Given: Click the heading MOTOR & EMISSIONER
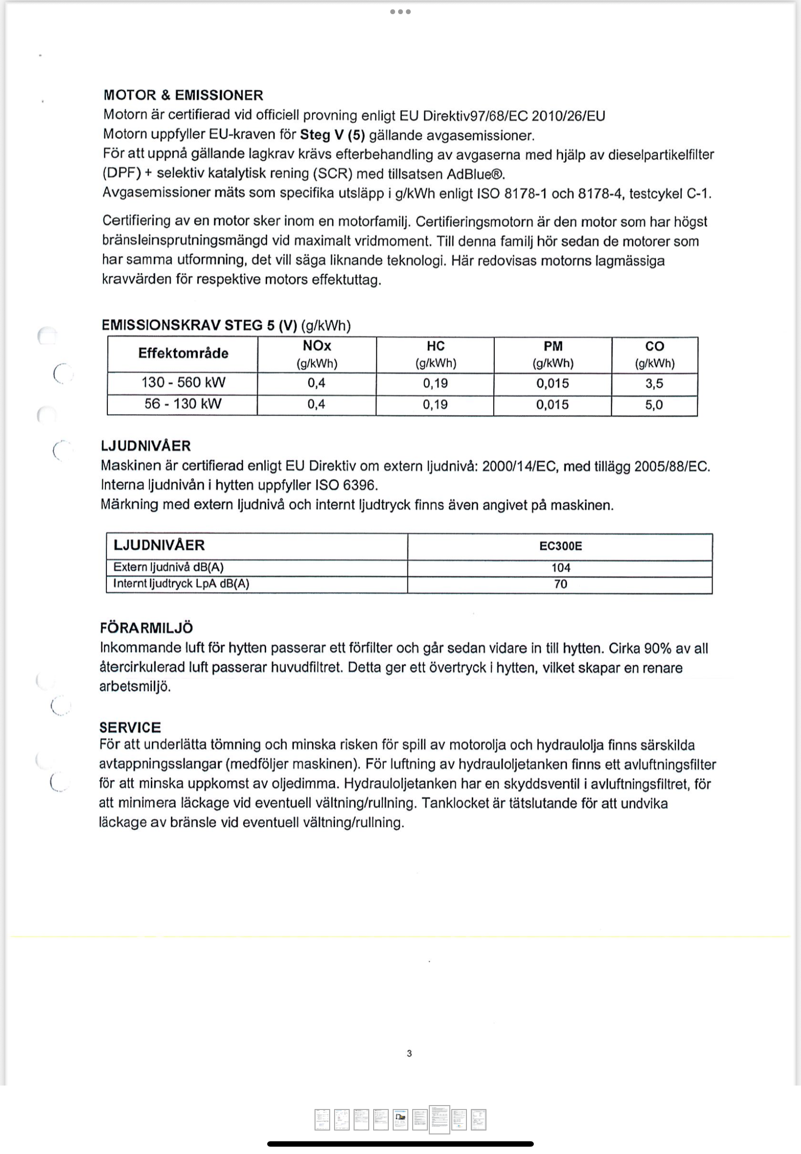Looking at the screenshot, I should click(183, 95).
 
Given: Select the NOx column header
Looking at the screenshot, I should click(316, 346).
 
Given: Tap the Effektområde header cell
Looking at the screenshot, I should click(183, 353).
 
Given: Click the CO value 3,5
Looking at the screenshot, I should click(654, 383).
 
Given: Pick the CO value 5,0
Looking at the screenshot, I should click(654, 404).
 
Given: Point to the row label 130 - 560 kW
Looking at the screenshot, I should click(183, 382).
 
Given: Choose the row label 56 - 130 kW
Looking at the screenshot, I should click(183, 404).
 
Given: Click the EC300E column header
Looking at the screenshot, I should click(560, 546).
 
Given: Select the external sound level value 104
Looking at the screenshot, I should click(561, 568).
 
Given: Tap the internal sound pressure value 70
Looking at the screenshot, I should click(561, 584).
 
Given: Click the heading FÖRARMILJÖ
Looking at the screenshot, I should click(146, 627).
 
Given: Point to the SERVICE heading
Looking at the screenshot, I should click(130, 727).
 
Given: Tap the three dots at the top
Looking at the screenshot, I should click(400, 12).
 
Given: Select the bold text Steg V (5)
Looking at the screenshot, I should click(332, 135).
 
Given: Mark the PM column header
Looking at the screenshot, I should click(553, 346).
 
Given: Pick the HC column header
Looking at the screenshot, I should click(435, 346).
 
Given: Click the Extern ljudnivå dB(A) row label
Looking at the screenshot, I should click(168, 567).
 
